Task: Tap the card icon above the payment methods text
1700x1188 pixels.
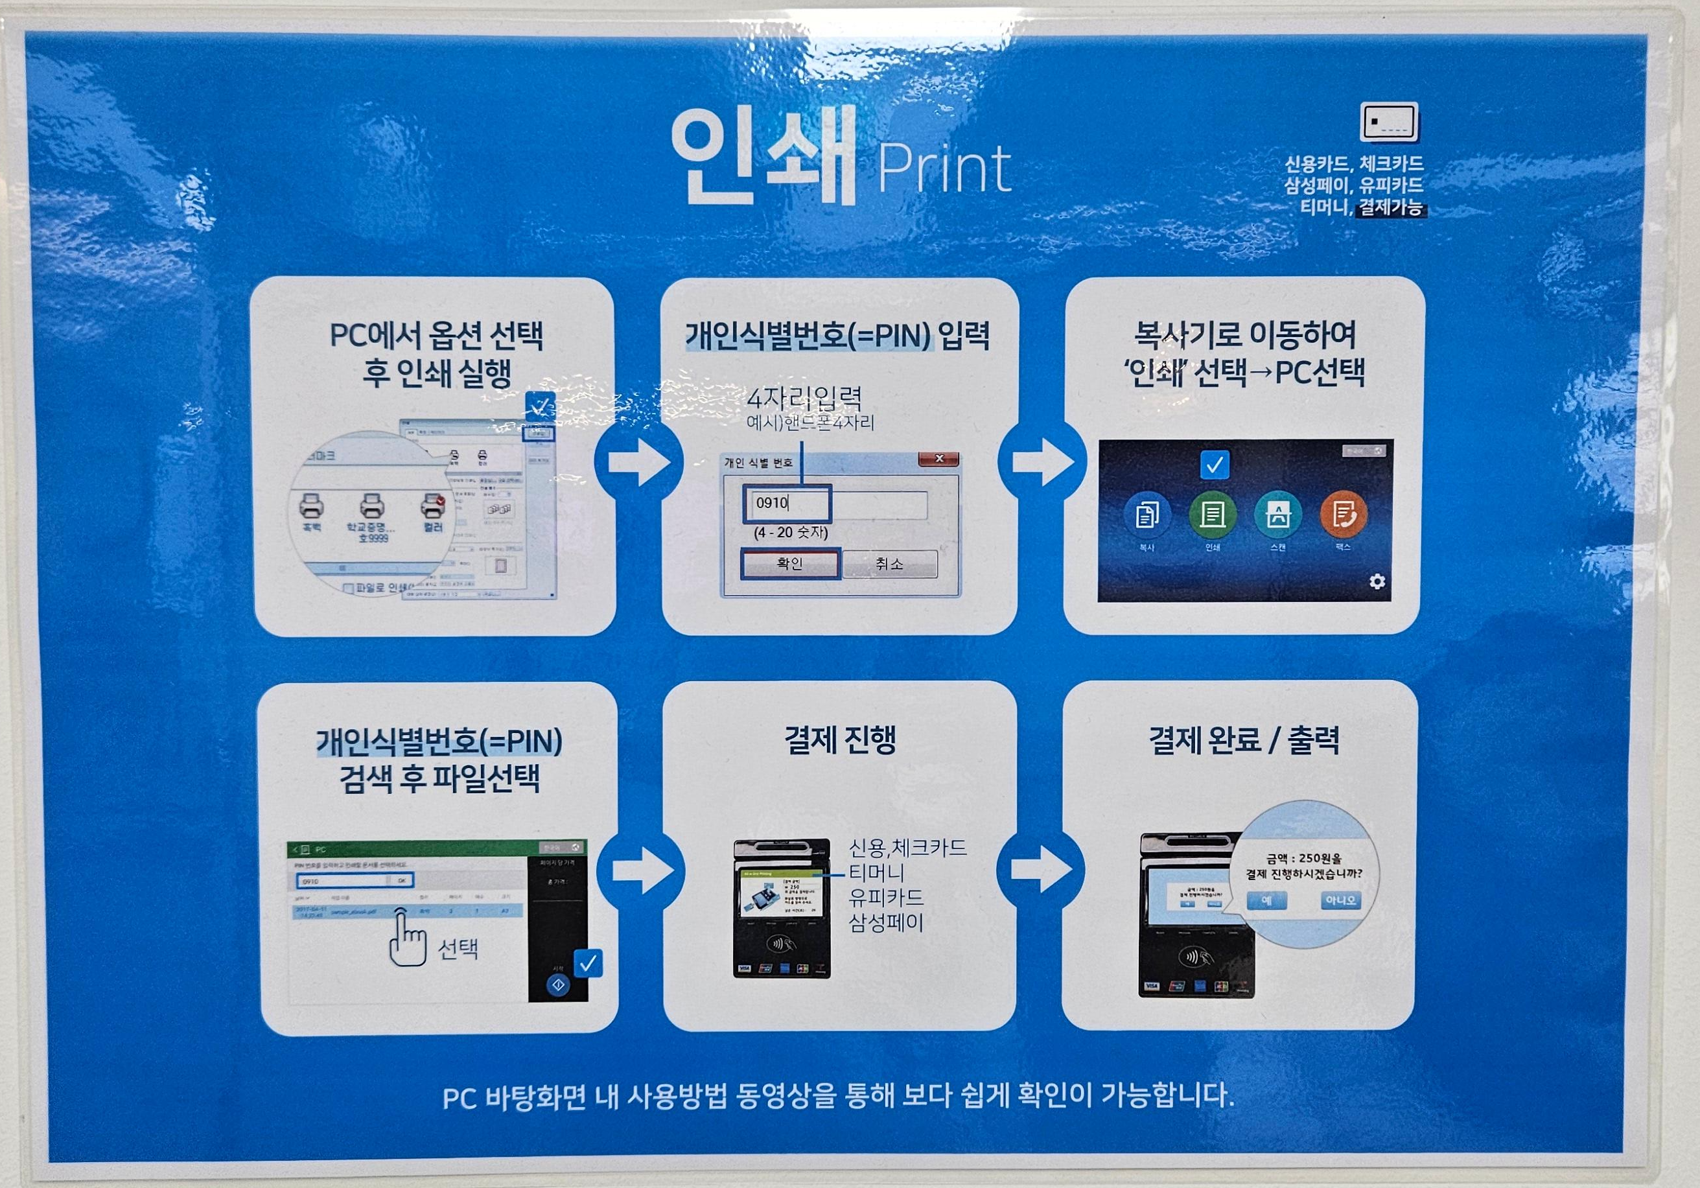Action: [1389, 122]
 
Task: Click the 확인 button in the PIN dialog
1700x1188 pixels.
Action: [790, 564]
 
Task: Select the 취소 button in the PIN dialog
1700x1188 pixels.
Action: [889, 565]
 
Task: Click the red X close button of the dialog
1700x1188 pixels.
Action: [939, 460]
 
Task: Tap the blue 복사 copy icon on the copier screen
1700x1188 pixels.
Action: [1147, 515]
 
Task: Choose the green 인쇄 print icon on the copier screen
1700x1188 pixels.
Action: [1212, 515]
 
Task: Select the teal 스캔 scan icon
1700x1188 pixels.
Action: [1278, 515]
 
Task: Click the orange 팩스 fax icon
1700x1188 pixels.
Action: [1344, 515]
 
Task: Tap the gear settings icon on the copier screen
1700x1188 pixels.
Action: [1377, 581]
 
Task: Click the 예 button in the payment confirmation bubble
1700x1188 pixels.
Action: [1267, 901]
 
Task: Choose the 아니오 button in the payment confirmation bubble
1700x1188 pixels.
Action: [1340, 901]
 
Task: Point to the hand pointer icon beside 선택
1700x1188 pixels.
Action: [406, 938]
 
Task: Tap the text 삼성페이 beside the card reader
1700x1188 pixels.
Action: [886, 923]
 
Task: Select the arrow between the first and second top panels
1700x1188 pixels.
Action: [638, 462]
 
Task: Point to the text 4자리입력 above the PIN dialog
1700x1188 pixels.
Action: [804, 399]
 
